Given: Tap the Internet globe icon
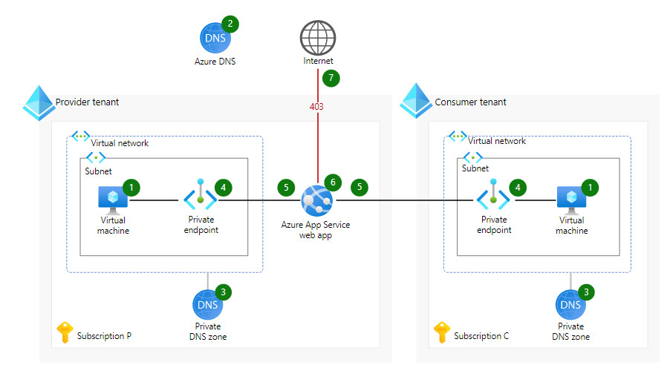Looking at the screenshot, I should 318,37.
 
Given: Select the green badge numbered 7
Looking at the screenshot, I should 331,77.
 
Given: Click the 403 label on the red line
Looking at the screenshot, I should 316,107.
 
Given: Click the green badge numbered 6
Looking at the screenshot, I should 332,182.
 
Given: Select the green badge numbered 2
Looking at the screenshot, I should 230,23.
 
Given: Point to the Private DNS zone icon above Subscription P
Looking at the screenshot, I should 207,305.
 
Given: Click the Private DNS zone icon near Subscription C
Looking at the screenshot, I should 570,305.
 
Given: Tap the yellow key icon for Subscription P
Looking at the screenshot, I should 65,334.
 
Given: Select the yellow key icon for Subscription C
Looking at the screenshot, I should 443,334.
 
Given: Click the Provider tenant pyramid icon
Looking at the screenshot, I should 38,102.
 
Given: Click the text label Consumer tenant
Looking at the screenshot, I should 470,102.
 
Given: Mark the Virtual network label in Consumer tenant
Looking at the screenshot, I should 497,141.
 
